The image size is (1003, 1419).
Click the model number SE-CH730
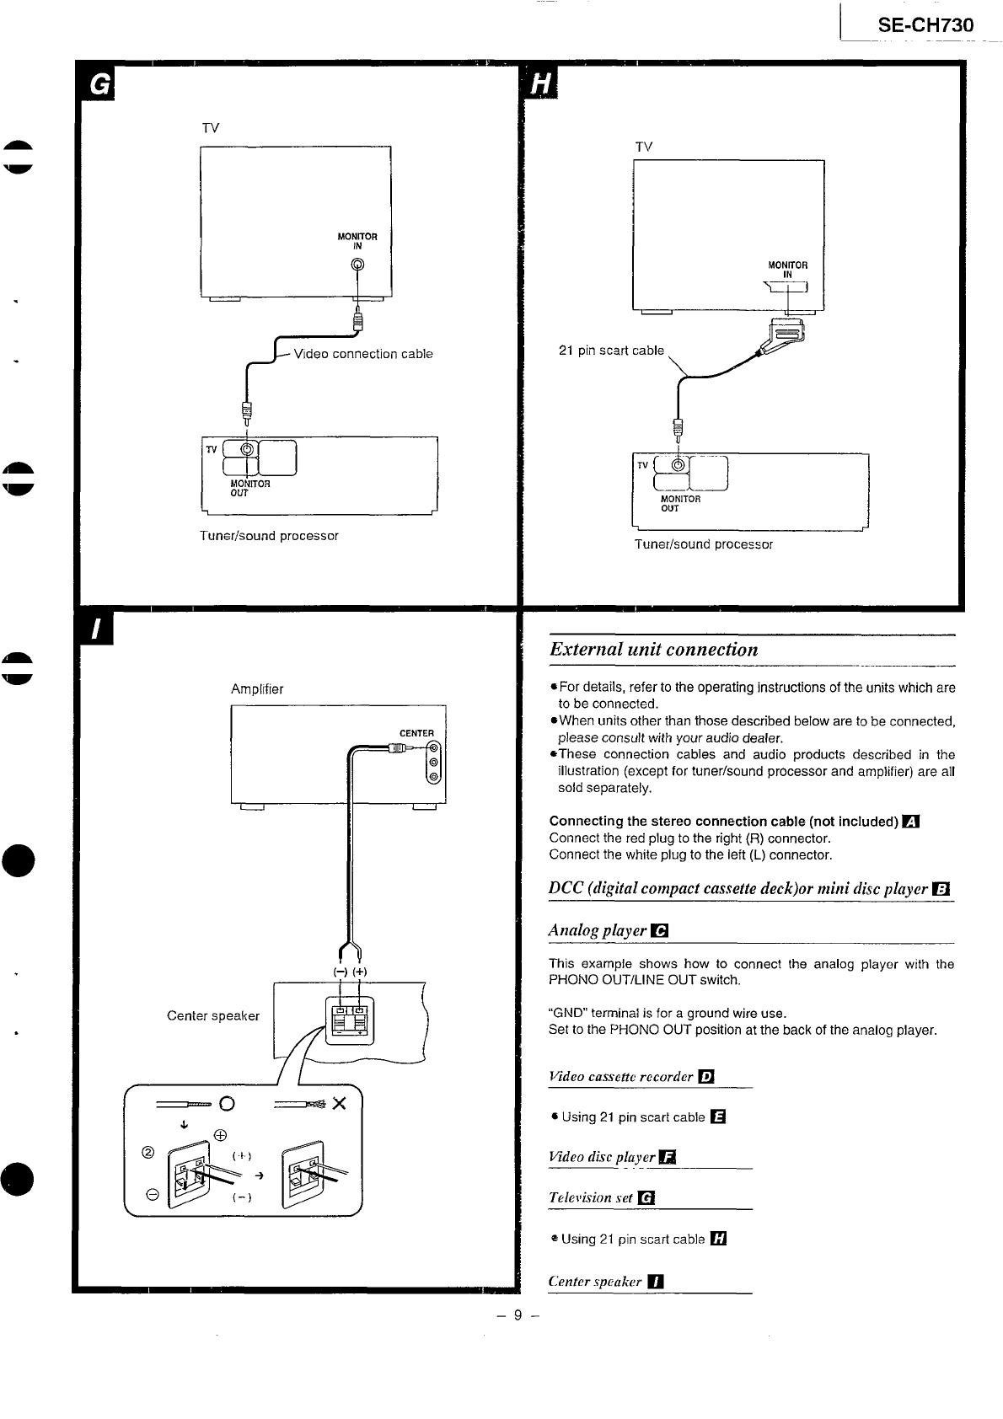pyautogui.click(x=925, y=25)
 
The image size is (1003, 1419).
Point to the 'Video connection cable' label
pyautogui.click(x=362, y=354)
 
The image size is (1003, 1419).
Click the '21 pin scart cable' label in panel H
pyautogui.click(x=611, y=351)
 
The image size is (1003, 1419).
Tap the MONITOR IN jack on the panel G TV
pyautogui.click(x=358, y=265)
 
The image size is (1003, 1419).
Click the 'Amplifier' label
pyautogui.click(x=257, y=689)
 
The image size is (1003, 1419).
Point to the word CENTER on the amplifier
pyautogui.click(x=416, y=733)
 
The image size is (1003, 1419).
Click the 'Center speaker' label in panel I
pyautogui.click(x=212, y=1015)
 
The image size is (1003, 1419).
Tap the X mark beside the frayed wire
pyautogui.click(x=339, y=1104)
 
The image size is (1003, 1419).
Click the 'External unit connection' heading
pyautogui.click(x=653, y=650)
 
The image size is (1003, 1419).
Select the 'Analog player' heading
pyautogui.click(x=598, y=930)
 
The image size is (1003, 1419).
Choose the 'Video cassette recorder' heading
pyautogui.click(x=621, y=1077)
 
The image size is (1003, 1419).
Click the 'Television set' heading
pyautogui.click(x=591, y=1197)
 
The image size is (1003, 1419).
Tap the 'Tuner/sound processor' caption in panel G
pyautogui.click(x=269, y=536)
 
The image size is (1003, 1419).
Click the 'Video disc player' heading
pyautogui.click(x=602, y=1157)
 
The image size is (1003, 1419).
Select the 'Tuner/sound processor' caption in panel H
pyautogui.click(x=703, y=544)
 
